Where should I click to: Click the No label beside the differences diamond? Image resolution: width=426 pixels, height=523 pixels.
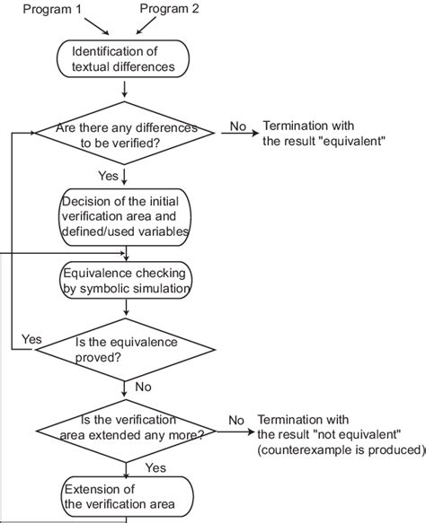tap(237, 126)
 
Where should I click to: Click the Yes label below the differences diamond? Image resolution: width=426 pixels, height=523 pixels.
tap(107, 174)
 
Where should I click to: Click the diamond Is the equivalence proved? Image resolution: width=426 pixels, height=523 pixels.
tap(125, 348)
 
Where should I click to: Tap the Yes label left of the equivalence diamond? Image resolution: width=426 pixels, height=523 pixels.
tap(31, 340)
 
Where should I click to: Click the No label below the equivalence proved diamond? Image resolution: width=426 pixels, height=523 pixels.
tap(141, 388)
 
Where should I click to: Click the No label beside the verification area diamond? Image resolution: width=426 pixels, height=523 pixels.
tap(236, 420)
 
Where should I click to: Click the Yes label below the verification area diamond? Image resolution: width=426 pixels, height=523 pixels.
tap(155, 467)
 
